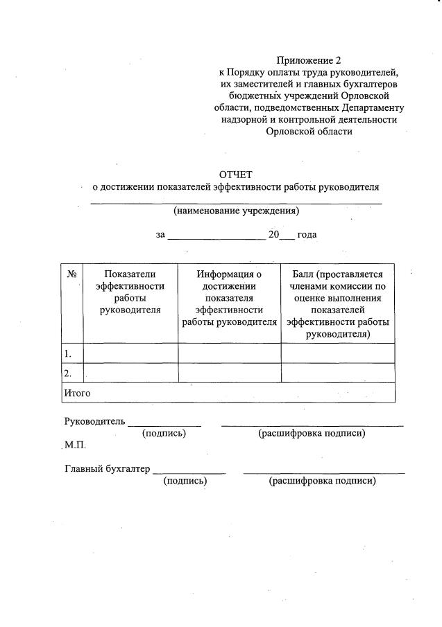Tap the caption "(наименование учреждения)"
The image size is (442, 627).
coord(236,211)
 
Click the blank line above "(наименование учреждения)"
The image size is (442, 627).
coord(236,202)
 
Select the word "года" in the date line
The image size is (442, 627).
coord(307,235)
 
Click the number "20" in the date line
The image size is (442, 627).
coord(273,235)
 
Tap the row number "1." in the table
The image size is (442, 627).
coord(68,353)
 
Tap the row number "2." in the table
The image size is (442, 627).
coord(68,373)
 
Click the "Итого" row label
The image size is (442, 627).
coord(78,393)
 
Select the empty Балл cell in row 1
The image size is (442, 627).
coord(338,353)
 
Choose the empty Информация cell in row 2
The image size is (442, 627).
coord(229,373)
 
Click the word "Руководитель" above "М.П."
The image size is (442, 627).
coord(94,421)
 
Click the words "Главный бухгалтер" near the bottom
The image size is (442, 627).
coord(107,469)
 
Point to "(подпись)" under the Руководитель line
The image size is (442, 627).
coord(164,433)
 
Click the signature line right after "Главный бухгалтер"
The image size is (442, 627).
coord(189,473)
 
